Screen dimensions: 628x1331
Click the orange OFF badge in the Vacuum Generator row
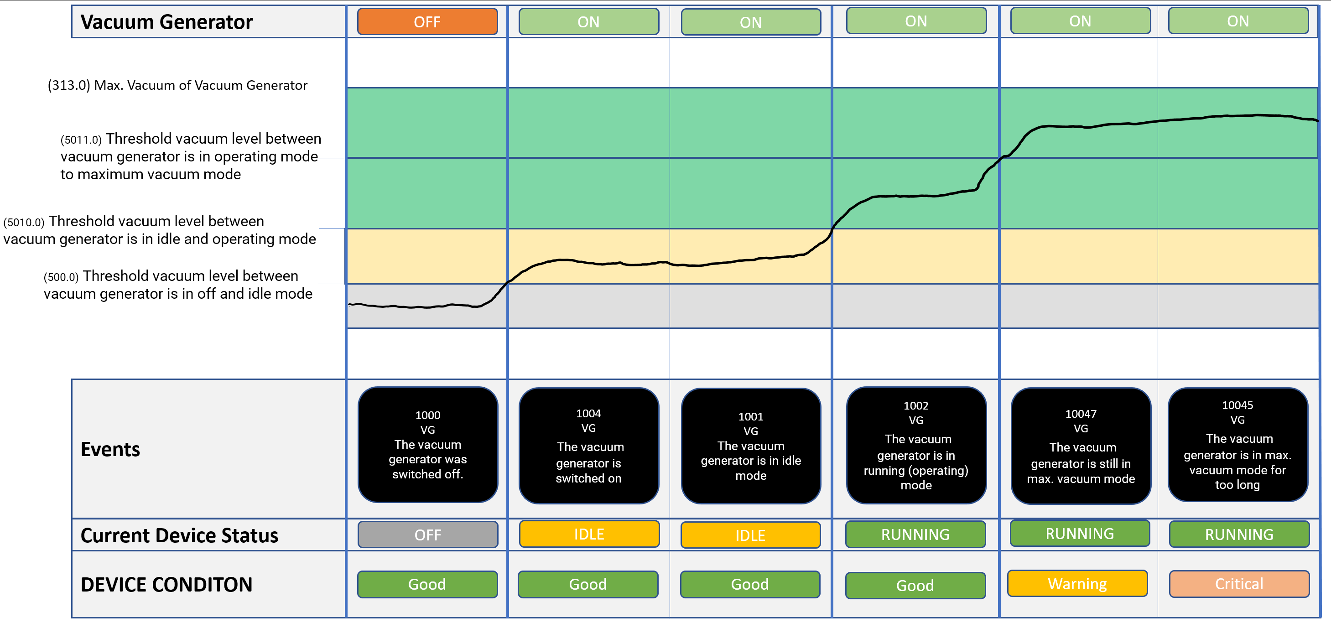point(427,22)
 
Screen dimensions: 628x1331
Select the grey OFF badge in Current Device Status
point(428,535)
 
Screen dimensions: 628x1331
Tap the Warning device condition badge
point(1077,584)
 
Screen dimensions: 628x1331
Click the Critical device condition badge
point(1239,584)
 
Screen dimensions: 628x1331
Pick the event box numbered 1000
point(428,445)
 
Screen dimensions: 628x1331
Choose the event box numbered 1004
point(588,446)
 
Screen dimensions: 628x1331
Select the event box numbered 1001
point(751,446)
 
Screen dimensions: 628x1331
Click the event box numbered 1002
point(916,445)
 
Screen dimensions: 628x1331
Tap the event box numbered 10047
point(1081,446)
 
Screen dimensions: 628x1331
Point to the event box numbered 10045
point(1237,445)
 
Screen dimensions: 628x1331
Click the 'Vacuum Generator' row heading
point(166,22)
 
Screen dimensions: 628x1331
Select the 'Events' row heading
point(110,449)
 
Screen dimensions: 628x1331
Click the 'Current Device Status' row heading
point(179,535)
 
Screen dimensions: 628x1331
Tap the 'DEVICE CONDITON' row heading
point(166,585)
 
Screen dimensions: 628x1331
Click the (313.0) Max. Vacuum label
point(177,85)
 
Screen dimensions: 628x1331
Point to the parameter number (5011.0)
point(81,140)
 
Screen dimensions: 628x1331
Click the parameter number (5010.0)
point(24,223)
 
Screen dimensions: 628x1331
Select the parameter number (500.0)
point(61,277)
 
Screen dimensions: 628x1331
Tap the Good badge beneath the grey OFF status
point(427,584)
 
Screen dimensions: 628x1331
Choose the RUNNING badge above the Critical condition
point(1239,535)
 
